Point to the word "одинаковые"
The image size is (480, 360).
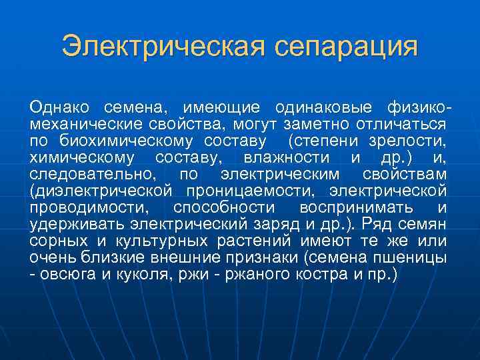(x=323, y=108)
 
